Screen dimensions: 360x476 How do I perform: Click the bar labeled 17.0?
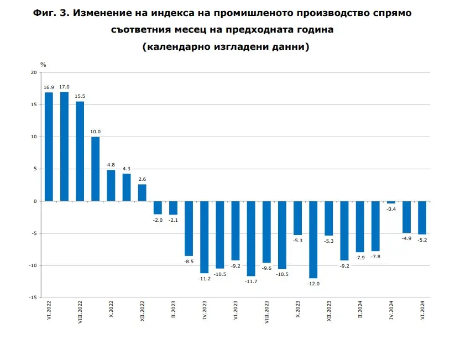click(x=64, y=147)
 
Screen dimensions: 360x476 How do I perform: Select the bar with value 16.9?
click(x=49, y=147)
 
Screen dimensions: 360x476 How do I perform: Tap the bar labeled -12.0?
click(x=313, y=239)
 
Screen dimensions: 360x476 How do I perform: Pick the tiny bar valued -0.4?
click(x=391, y=202)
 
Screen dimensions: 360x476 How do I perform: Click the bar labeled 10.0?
click(x=95, y=169)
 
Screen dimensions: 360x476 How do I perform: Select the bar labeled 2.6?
click(x=142, y=192)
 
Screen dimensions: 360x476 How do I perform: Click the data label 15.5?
click(x=80, y=96)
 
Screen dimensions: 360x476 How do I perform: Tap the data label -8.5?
click(x=189, y=261)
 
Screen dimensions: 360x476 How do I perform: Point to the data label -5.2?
click(x=422, y=240)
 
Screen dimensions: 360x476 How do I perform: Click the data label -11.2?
click(x=204, y=279)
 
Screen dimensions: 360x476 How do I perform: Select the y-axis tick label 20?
click(x=34, y=73)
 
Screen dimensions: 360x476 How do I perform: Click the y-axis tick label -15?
click(x=33, y=298)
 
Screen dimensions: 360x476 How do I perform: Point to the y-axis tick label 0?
click(x=35, y=201)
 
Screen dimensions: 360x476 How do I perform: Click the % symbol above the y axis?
click(x=43, y=65)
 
